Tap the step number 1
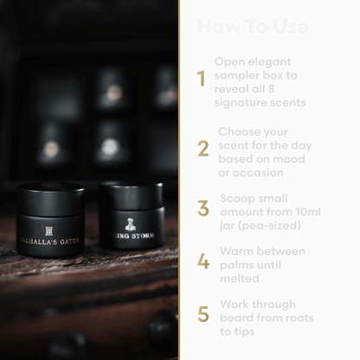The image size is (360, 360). click(202, 80)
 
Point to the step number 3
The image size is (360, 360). click(202, 209)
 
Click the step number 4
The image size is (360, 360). click(202, 261)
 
